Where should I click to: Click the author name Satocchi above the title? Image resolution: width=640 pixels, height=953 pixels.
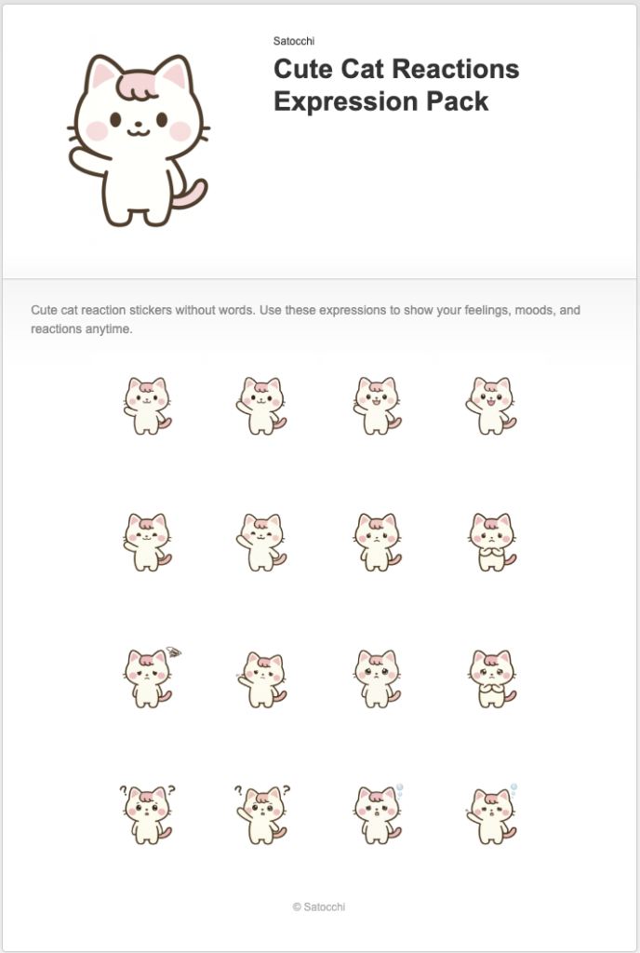click(294, 41)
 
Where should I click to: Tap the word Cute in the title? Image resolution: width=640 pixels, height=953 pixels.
click(302, 70)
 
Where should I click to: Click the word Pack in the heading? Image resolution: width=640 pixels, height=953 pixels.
click(455, 101)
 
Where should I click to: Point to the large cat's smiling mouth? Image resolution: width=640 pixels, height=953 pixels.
click(137, 129)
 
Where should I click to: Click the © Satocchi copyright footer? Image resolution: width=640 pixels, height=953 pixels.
click(319, 906)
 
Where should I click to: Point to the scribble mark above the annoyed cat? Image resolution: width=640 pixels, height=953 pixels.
click(172, 652)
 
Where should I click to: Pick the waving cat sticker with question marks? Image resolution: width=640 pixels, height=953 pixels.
click(261, 814)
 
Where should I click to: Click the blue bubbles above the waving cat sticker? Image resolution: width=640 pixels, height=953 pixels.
click(513, 788)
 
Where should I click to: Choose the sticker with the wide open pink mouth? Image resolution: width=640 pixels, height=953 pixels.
click(491, 406)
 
